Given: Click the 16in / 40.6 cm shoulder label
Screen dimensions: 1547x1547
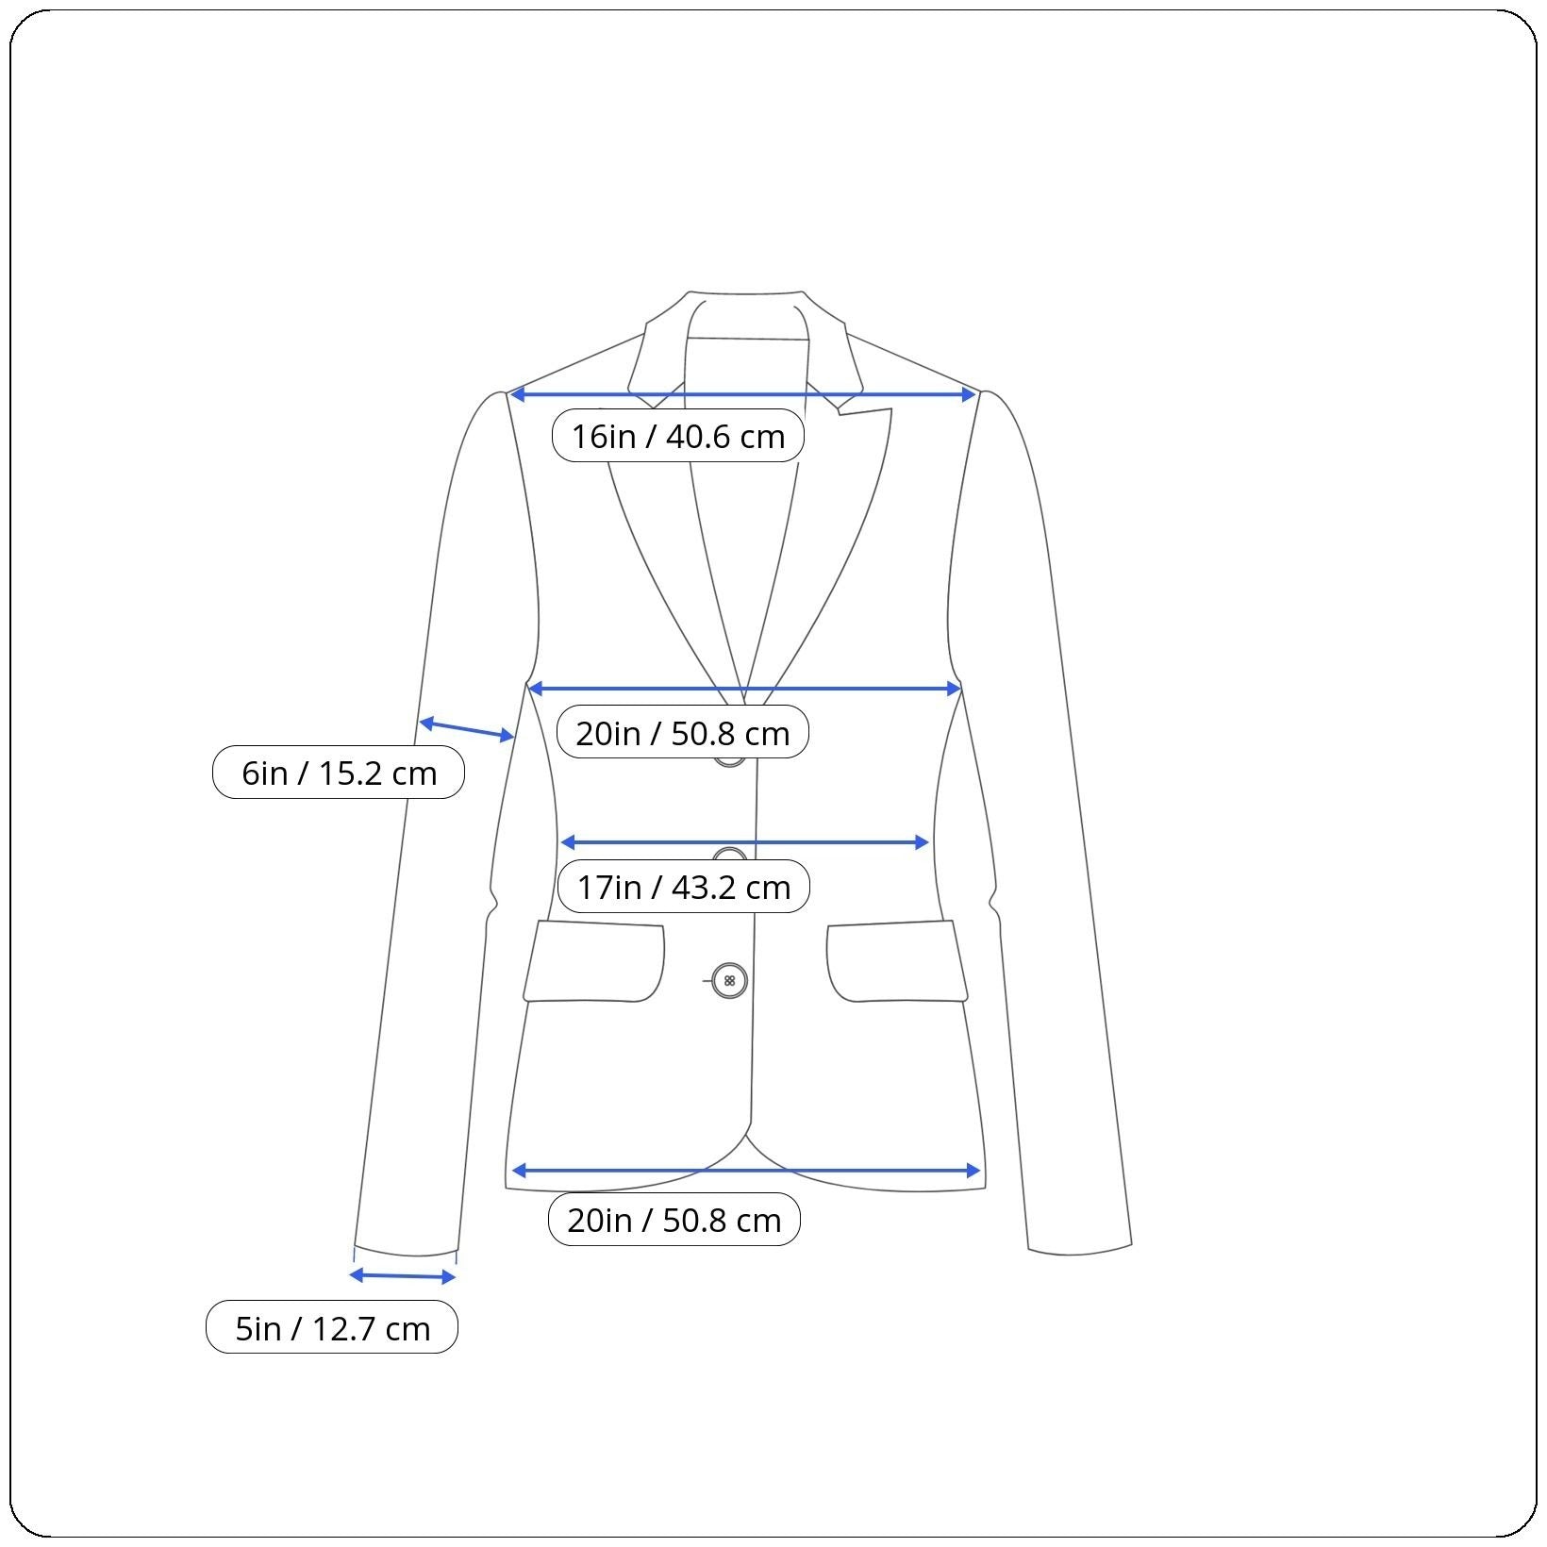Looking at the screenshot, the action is [x=677, y=436].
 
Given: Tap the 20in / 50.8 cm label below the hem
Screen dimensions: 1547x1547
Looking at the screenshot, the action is [x=674, y=1220].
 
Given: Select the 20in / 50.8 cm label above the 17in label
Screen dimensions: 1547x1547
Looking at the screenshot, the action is [x=682, y=732].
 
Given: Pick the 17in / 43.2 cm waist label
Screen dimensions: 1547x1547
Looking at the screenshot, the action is [x=683, y=887].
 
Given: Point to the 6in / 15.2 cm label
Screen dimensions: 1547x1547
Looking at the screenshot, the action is [x=339, y=773].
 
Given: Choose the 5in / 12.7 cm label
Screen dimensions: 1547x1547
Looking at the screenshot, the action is [x=332, y=1327].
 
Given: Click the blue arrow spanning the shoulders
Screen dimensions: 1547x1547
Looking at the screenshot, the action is [x=742, y=394].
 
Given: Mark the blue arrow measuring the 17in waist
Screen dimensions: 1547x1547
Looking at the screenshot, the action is [x=745, y=842].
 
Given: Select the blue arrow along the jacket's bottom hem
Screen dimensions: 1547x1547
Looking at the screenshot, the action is [x=746, y=1172].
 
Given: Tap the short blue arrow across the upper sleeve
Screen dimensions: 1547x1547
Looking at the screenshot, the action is [x=466, y=729].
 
